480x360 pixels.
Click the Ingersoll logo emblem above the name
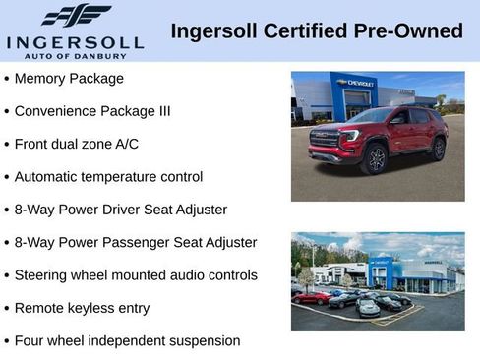[76, 16]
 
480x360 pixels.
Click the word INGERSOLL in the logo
[75, 42]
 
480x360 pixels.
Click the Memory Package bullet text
[69, 78]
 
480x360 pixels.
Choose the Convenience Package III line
[92, 111]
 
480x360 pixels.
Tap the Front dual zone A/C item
[77, 144]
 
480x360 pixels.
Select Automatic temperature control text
[108, 177]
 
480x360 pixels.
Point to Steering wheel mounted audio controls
[136, 275]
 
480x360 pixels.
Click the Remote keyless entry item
[82, 308]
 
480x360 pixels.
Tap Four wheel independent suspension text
[127, 340]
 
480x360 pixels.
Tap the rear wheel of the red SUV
[438, 149]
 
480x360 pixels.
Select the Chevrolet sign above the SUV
[355, 84]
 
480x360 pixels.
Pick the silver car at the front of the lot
[368, 308]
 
